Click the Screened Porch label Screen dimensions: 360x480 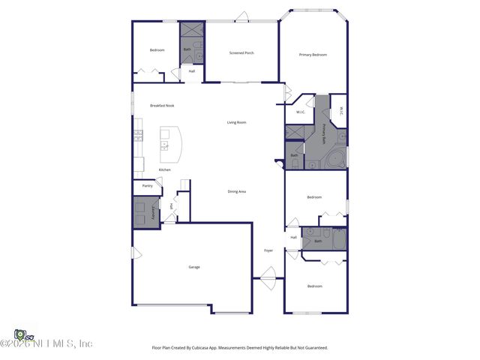(241, 52)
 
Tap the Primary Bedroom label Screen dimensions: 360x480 (313, 55)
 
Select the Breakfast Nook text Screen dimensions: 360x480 (162, 106)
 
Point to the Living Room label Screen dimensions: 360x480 (237, 122)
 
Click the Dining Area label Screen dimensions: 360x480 (237, 191)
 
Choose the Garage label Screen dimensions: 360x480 (194, 267)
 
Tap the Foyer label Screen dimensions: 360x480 (268, 250)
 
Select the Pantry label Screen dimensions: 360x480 (147, 185)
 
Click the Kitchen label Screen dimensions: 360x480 (164, 169)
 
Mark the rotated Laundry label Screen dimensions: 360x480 (154, 211)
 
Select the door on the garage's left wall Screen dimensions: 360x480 (135, 253)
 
